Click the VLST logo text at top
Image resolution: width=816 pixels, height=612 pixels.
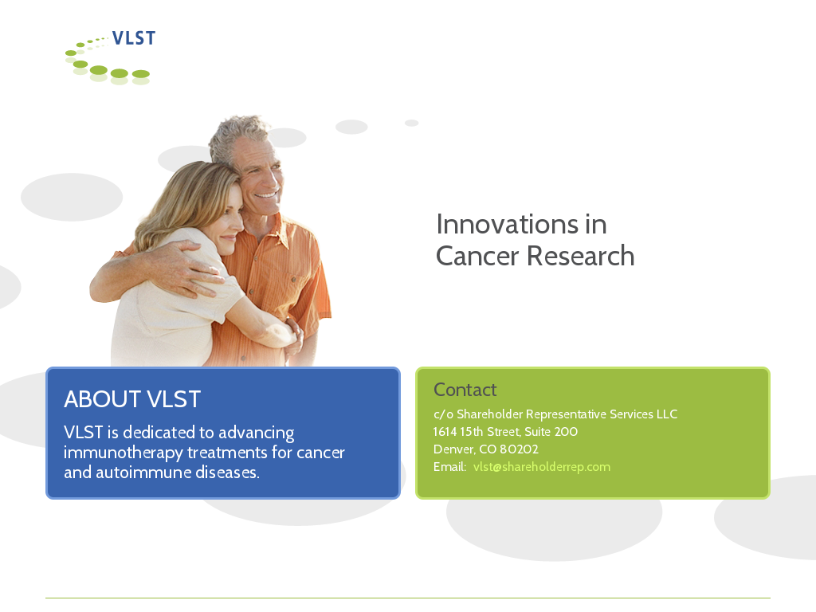(134, 38)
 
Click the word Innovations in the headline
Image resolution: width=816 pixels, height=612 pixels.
(507, 224)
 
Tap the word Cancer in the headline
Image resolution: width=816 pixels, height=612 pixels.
(477, 256)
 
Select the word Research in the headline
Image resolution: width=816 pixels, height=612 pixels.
(581, 256)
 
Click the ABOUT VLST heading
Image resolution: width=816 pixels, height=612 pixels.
(132, 399)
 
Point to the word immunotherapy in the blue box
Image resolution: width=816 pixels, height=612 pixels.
(123, 453)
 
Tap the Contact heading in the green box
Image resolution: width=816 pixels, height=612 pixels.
(465, 390)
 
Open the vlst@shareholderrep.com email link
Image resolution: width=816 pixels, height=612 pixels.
(542, 467)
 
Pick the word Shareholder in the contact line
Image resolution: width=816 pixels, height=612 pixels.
(490, 414)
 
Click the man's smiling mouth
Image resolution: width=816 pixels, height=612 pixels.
(266, 196)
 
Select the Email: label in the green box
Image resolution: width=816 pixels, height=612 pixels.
(449, 467)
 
